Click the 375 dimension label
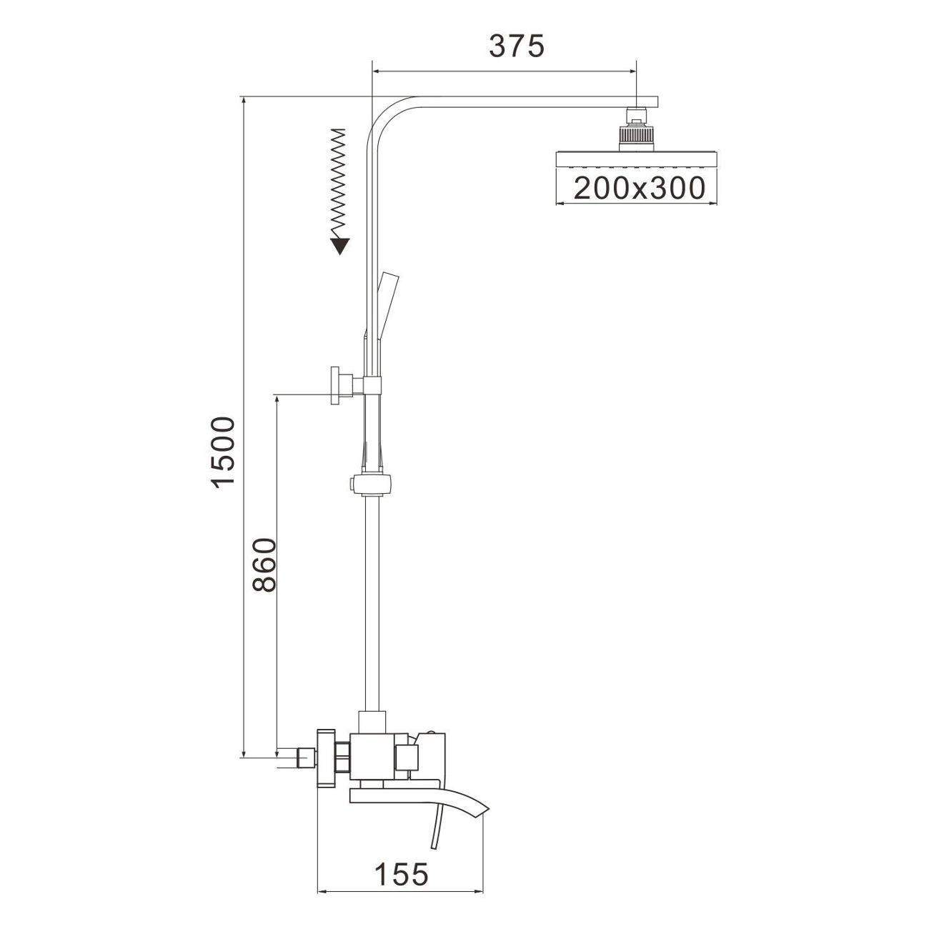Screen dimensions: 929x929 517,46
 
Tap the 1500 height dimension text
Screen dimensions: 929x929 225,452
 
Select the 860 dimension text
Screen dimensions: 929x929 264,565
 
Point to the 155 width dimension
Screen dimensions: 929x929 401,873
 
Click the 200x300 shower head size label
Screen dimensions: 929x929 639,188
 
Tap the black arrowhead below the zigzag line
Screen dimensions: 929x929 340,246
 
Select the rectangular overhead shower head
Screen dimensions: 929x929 635,159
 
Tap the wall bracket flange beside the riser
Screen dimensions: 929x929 336,386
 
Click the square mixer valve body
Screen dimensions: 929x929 374,756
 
